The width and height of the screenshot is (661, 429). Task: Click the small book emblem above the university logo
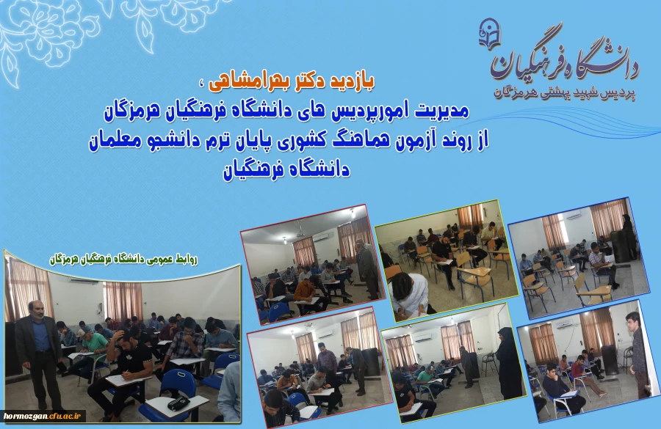click(x=489, y=34)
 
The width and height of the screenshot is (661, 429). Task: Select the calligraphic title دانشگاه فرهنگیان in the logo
click(x=565, y=59)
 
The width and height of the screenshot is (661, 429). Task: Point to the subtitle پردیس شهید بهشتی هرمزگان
click(x=565, y=93)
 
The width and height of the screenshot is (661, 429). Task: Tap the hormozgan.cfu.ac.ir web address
click(x=42, y=416)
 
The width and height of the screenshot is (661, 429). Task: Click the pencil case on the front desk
click(x=178, y=403)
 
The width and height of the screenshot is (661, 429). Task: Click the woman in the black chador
click(x=510, y=363)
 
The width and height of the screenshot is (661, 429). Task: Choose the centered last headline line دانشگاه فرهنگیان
click(x=286, y=170)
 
